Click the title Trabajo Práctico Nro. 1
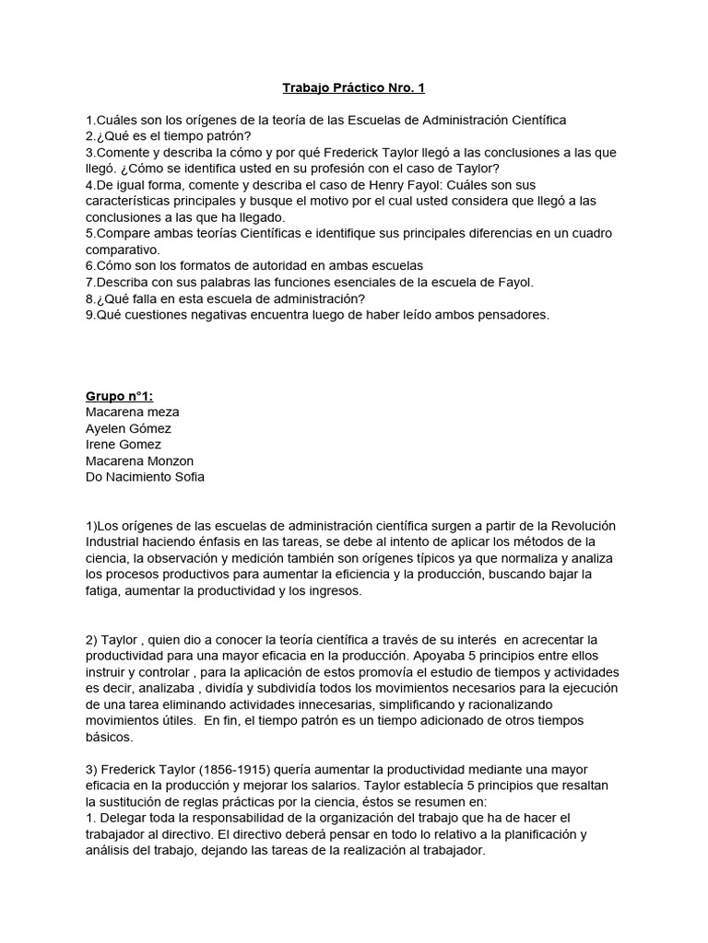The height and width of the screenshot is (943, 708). click(x=353, y=88)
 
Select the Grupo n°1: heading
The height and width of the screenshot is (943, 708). click(x=119, y=396)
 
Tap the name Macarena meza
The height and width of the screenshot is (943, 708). click(x=133, y=412)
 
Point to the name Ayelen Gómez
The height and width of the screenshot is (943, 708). click(x=128, y=428)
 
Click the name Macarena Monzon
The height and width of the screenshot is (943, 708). click(x=139, y=460)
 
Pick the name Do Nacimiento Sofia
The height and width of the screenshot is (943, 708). click(x=146, y=476)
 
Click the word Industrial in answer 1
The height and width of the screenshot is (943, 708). click(x=115, y=541)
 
